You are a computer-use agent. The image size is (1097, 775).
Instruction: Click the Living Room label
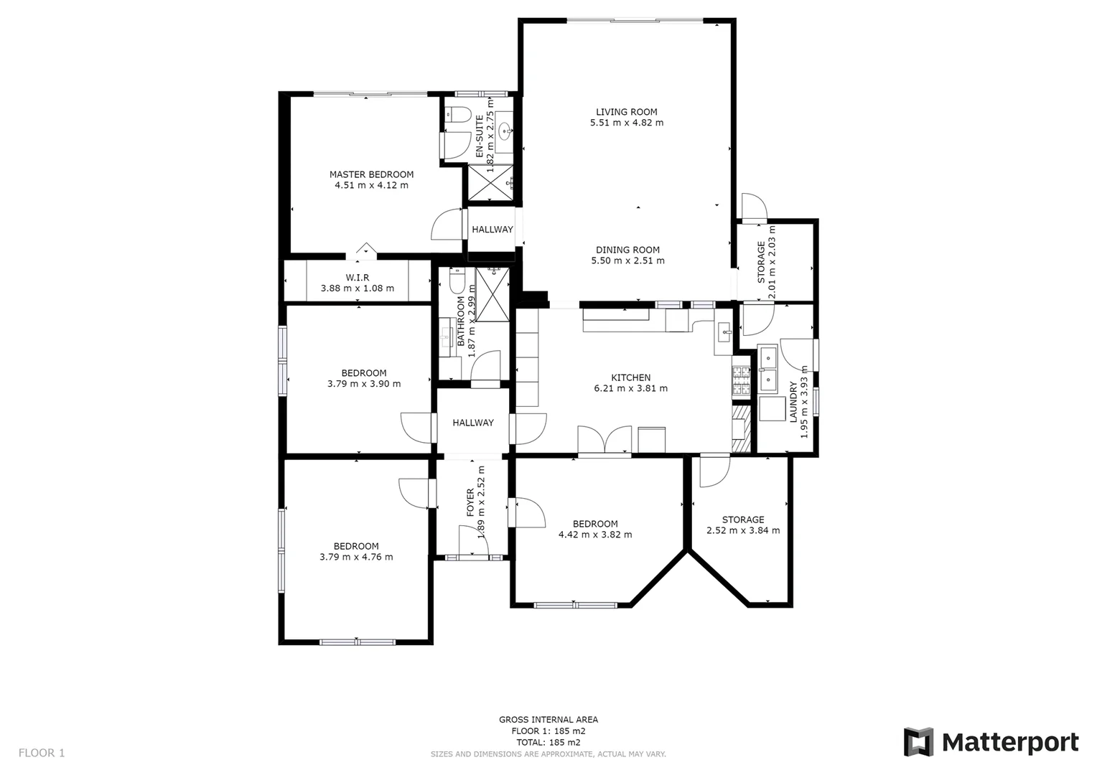coord(626,112)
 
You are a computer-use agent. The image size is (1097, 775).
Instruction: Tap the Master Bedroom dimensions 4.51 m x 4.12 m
coord(371,185)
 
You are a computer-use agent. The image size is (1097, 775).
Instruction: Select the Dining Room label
coord(627,250)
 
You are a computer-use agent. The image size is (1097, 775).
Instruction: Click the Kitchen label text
coord(630,377)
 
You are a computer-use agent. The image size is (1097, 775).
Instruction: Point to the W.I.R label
coord(357,278)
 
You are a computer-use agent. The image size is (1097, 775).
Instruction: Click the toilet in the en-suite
coord(457,115)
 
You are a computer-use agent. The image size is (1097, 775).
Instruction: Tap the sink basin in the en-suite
coord(505,131)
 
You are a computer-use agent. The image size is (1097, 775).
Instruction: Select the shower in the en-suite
coord(491,184)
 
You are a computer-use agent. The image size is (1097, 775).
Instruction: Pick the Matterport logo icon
coord(918,742)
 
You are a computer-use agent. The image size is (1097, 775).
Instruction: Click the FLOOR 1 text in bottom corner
coord(42,753)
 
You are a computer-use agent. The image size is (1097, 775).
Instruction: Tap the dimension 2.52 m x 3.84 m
coord(743,530)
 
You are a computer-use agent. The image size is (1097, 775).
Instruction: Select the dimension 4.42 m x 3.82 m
coord(595,535)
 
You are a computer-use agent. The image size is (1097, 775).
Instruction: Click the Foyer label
coord(470,502)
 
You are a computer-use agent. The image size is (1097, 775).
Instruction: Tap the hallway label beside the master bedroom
coord(492,230)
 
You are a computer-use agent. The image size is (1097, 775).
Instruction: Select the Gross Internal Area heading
coord(548,720)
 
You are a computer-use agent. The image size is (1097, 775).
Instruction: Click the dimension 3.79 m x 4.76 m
coord(356,557)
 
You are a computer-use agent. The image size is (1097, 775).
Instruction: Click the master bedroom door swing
coord(447,224)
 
